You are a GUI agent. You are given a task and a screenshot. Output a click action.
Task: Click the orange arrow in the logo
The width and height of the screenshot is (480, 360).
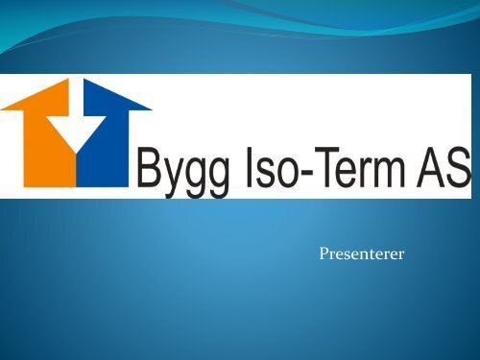48,141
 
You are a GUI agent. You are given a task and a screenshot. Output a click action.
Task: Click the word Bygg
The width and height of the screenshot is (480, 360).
184,170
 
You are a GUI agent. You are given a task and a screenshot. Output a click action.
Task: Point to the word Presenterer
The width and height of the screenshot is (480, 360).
362,253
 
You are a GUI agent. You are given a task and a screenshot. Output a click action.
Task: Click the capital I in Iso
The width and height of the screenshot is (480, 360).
250,166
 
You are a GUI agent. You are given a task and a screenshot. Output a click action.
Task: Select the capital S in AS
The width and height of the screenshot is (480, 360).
456,166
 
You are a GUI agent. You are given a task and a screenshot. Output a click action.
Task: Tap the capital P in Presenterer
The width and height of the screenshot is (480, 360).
324,253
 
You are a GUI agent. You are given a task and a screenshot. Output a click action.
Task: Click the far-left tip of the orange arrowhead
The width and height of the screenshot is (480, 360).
1,109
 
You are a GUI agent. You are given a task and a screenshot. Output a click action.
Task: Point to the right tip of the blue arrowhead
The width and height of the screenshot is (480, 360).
152,109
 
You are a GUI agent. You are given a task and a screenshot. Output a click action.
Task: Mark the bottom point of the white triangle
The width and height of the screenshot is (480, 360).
76,153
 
